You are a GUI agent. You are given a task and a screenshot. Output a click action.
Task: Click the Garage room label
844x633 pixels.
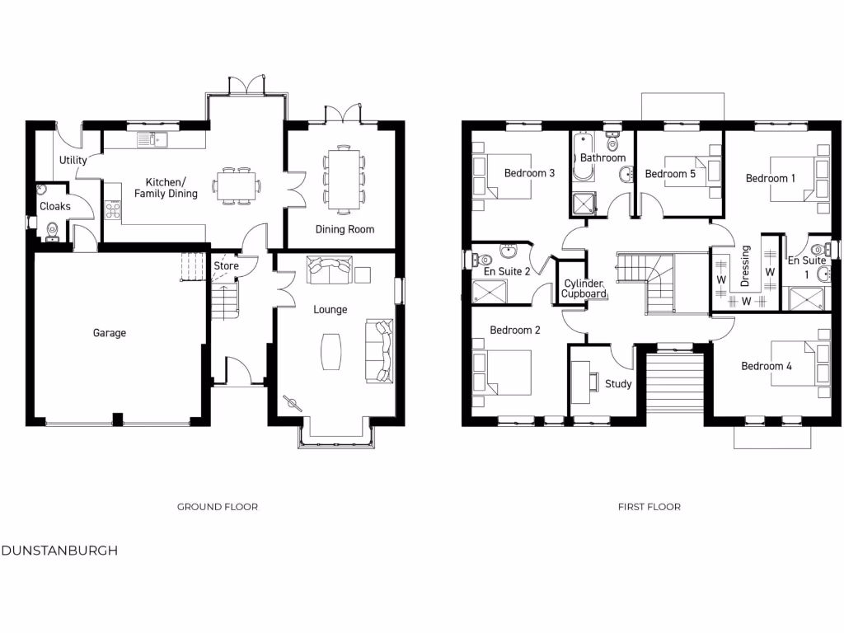tap(110, 333)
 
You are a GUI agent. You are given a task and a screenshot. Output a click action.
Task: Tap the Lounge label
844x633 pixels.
tap(330, 310)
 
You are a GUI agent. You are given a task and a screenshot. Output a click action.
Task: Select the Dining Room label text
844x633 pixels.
tap(345, 229)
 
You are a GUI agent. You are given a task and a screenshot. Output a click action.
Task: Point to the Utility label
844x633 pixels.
tap(73, 160)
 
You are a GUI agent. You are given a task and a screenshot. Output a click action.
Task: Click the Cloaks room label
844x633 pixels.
tap(55, 206)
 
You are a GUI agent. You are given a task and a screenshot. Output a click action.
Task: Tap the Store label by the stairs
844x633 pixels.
tap(226, 266)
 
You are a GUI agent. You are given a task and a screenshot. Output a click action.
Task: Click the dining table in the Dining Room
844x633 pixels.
tap(343, 176)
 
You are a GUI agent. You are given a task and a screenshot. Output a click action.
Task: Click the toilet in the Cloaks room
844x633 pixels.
tap(52, 231)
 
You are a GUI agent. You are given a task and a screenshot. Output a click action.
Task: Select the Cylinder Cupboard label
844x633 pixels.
tap(584, 288)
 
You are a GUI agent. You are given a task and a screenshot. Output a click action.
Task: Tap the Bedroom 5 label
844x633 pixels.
tap(670, 174)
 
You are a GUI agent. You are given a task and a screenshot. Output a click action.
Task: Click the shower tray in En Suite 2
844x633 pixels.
tap(490, 291)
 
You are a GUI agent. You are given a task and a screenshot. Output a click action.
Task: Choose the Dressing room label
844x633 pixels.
tap(746, 265)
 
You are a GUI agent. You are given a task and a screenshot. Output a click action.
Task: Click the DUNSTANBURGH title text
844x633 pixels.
tap(59, 551)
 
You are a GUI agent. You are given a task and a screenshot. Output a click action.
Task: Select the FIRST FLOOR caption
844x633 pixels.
tap(649, 507)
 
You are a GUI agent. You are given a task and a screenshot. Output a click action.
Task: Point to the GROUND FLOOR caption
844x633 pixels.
tap(218, 507)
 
